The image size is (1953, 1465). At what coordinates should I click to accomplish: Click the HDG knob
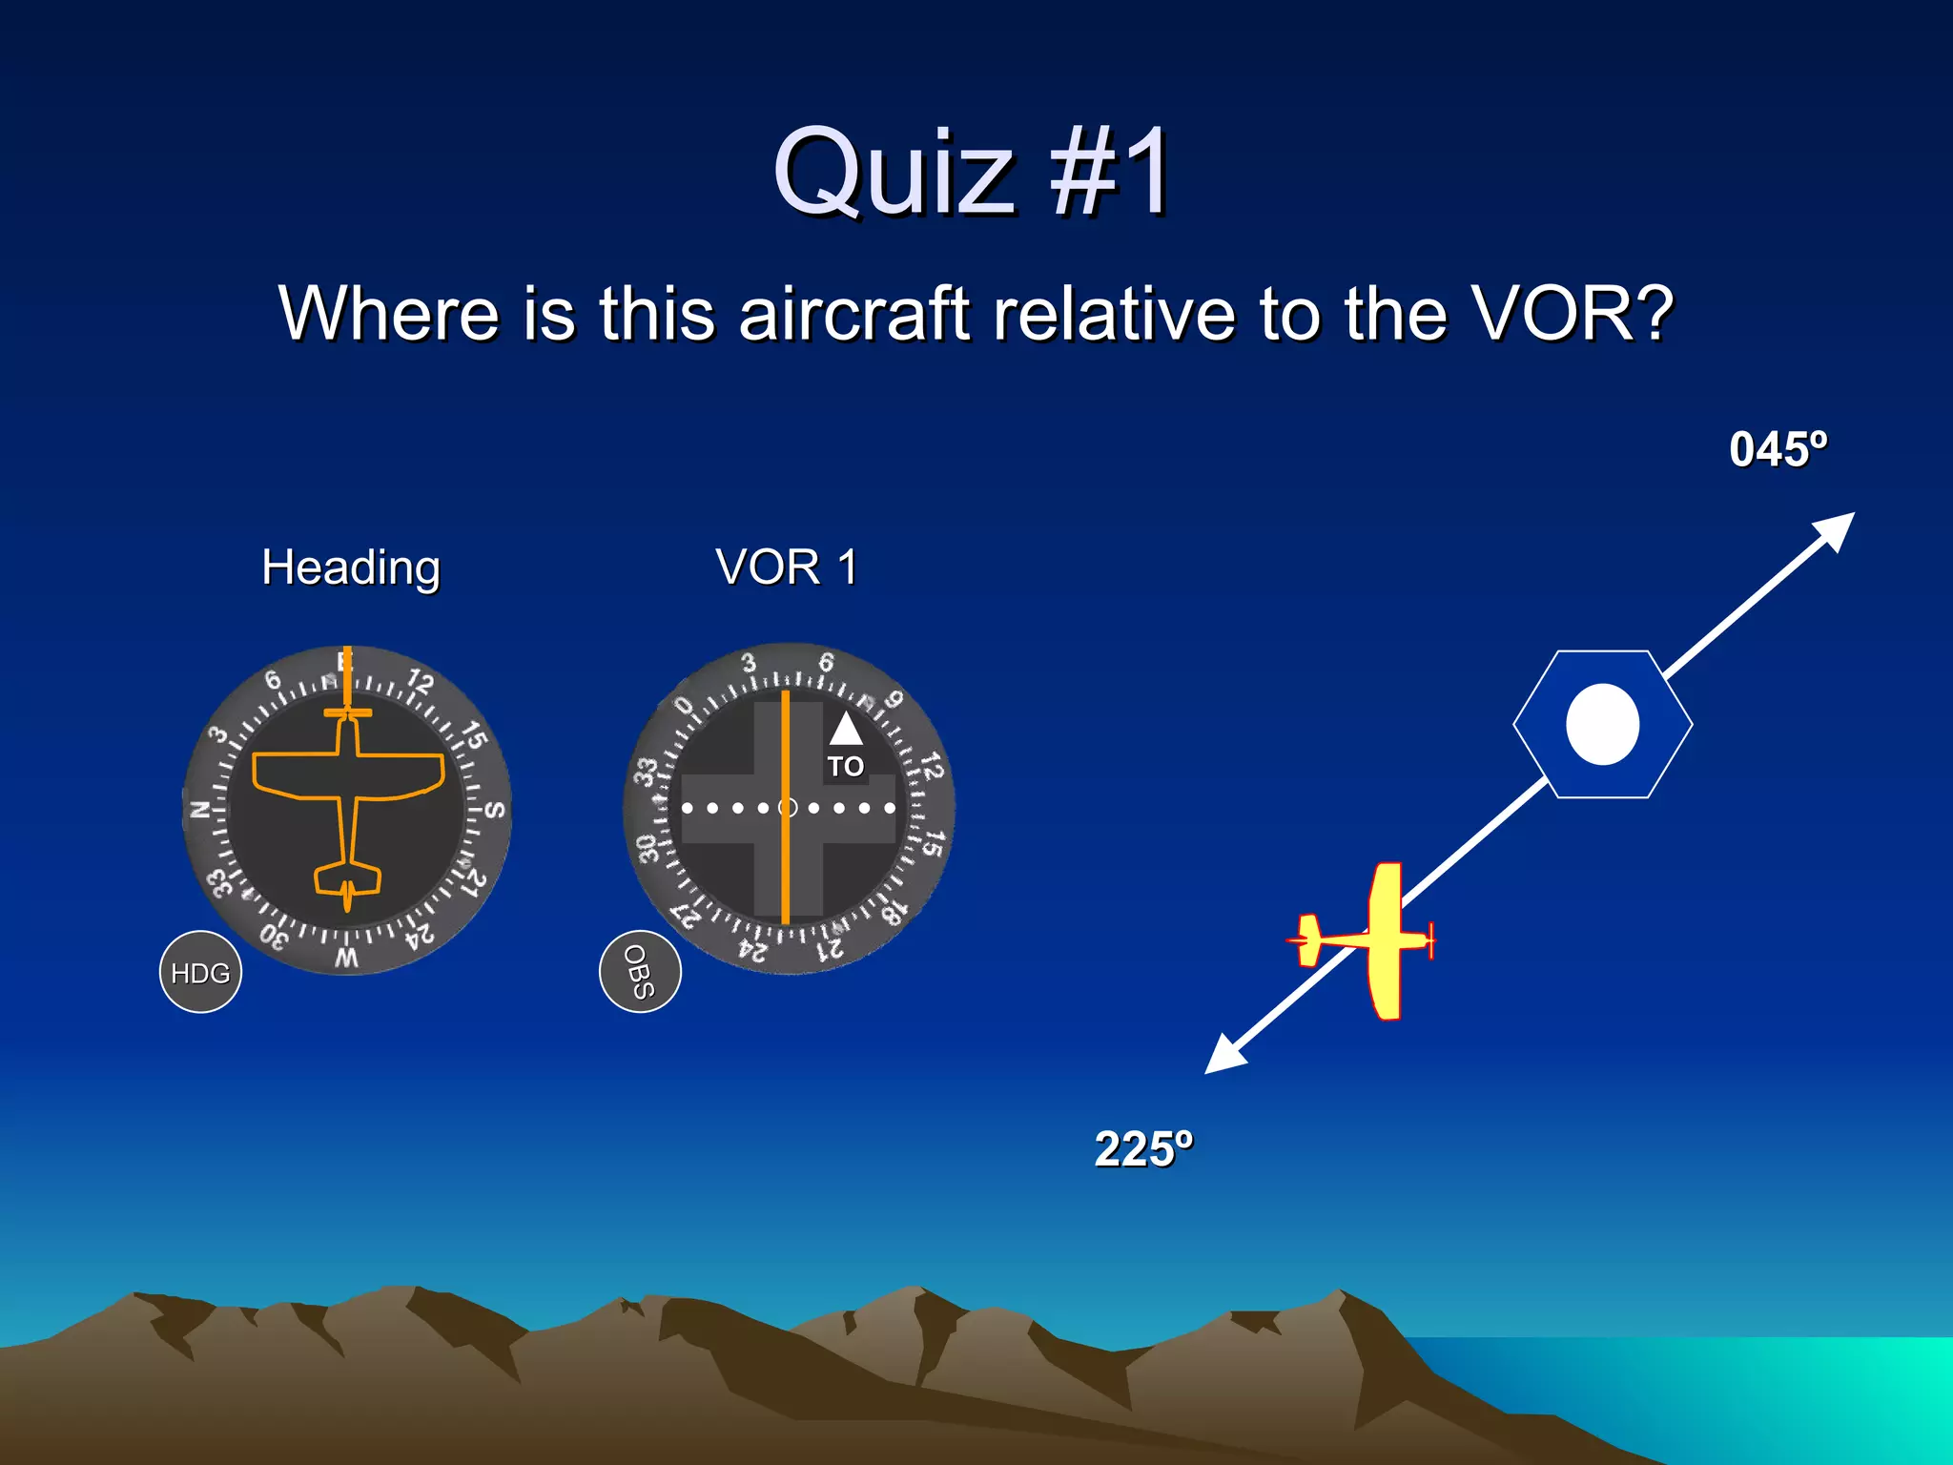coord(200,972)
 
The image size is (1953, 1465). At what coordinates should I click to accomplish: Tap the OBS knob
coord(640,971)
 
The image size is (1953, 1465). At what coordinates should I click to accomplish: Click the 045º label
coord(1778,449)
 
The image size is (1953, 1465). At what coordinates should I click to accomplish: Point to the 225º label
coord(1142,1148)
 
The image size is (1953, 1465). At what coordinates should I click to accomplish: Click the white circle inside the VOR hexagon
coord(1602,724)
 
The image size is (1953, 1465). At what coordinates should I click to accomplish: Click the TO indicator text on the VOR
coord(845,767)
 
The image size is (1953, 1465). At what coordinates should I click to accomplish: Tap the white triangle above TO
coord(845,730)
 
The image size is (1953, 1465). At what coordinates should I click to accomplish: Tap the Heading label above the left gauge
coord(351,567)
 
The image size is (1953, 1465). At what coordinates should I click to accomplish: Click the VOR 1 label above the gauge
coord(787,567)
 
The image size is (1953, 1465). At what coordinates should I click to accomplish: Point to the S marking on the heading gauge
coord(494,810)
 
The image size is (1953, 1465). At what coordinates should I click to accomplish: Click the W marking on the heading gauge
coord(347,957)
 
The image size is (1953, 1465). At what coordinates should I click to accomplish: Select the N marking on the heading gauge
coord(200,810)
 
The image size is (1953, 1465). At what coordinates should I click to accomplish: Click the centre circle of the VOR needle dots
coord(788,808)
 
